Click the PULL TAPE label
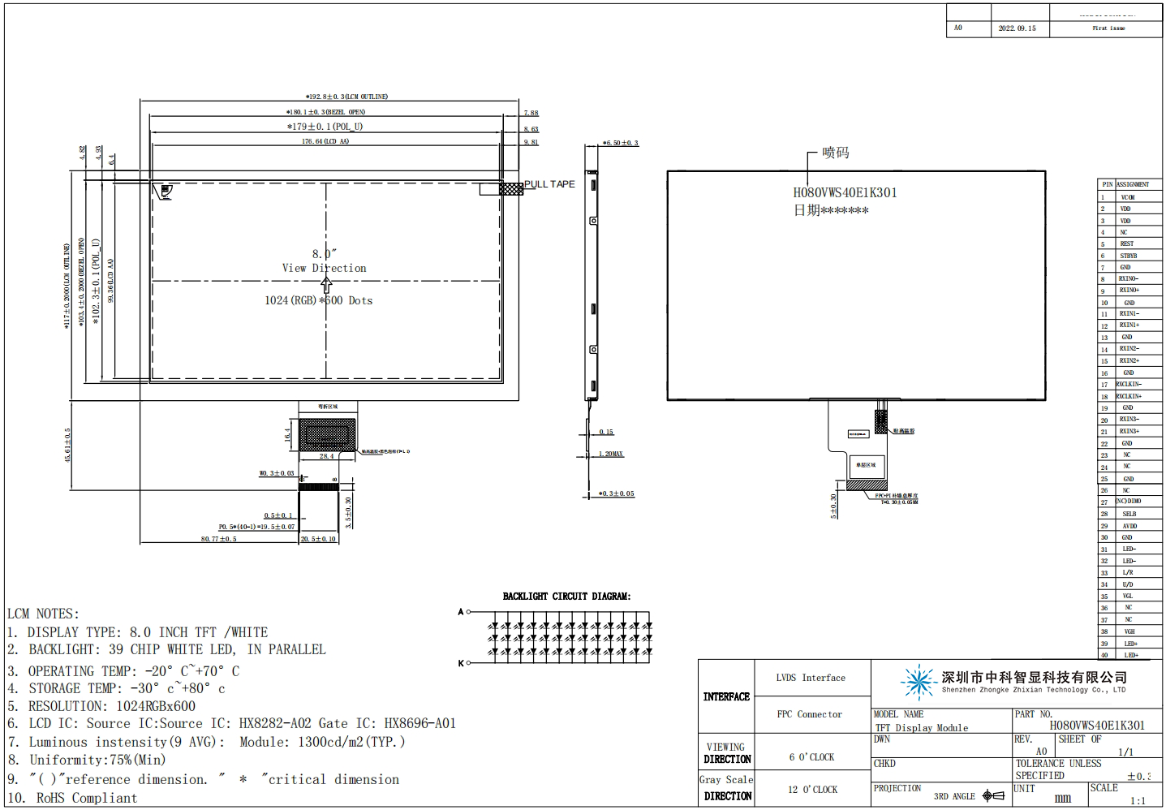[x=549, y=184]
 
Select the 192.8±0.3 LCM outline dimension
[x=347, y=97]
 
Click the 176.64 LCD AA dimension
[x=325, y=141]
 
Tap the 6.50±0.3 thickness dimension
[x=622, y=143]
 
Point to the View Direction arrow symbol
[x=326, y=285]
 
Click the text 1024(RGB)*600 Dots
[x=318, y=300]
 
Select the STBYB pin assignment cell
[x=1128, y=256]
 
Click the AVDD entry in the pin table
[x=1129, y=526]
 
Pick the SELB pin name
[x=1129, y=514]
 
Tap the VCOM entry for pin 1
[x=1128, y=197]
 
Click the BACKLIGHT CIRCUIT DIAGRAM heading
[x=566, y=597]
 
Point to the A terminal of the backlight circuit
[x=461, y=612]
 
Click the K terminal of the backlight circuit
[x=461, y=663]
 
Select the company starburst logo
[x=919, y=682]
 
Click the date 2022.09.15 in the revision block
[x=1017, y=28]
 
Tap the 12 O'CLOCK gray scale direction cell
[x=811, y=790]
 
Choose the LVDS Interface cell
[x=811, y=678]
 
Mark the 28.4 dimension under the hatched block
[x=326, y=456]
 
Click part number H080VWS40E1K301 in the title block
[x=1097, y=726]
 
